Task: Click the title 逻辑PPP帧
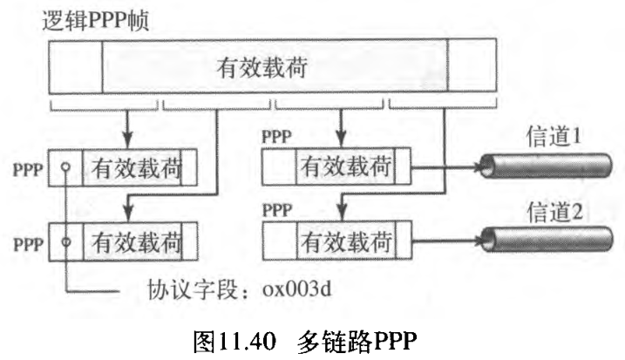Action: (97, 20)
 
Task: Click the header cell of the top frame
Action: (75, 68)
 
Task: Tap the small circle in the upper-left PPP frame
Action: (65, 166)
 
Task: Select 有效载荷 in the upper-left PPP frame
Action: (136, 166)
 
